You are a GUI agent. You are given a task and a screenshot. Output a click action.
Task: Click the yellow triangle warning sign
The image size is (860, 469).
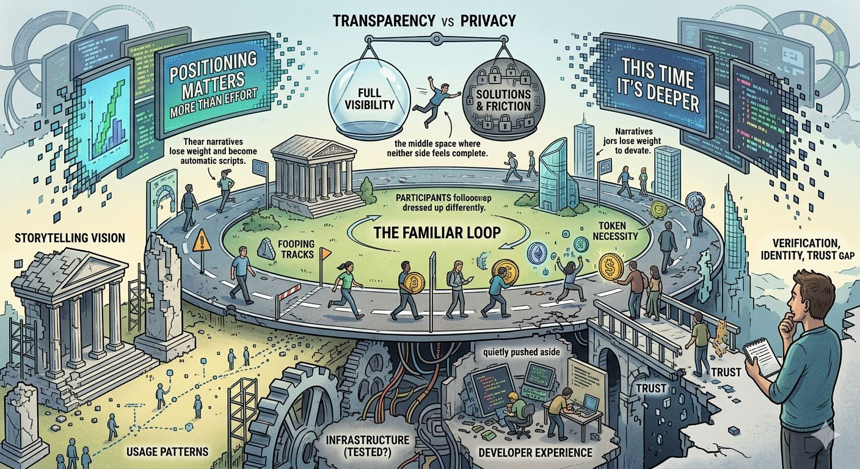click(201, 242)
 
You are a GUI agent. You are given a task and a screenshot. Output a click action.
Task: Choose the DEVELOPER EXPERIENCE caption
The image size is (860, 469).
click(534, 453)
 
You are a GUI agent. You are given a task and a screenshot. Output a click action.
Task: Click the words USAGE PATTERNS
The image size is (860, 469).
click(167, 451)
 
